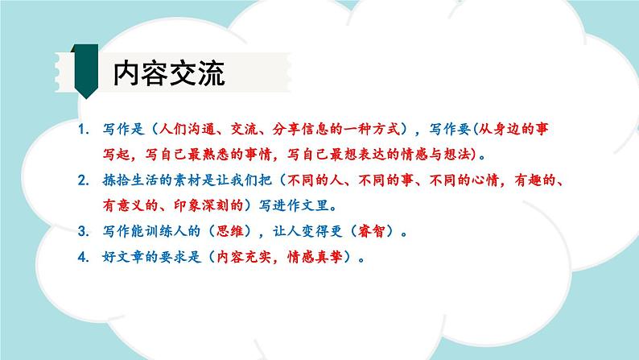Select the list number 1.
85,129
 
